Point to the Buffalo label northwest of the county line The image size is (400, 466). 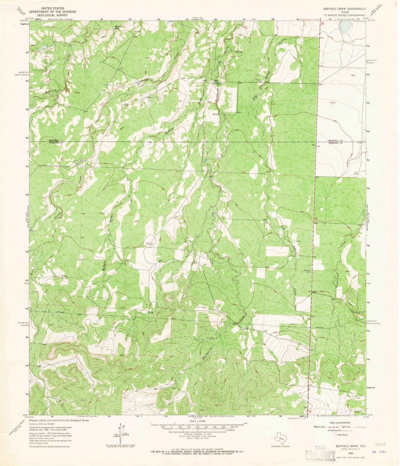coord(169,129)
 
